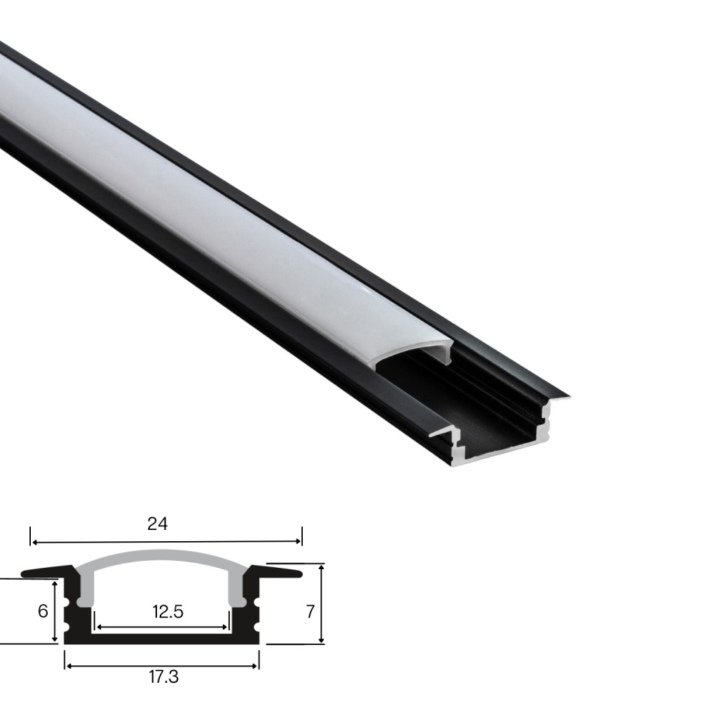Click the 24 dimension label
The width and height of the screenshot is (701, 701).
pos(157,523)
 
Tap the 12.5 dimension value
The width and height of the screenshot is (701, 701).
pos(168,611)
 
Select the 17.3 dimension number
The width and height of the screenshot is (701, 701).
pos(163,677)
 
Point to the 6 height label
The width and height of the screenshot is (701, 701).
pos(43,611)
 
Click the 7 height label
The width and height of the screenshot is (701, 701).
pos(311,611)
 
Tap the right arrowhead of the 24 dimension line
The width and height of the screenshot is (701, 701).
pos(298,542)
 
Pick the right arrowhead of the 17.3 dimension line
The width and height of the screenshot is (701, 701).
pos(255,666)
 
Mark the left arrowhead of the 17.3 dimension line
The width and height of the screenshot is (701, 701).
pos(68,666)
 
